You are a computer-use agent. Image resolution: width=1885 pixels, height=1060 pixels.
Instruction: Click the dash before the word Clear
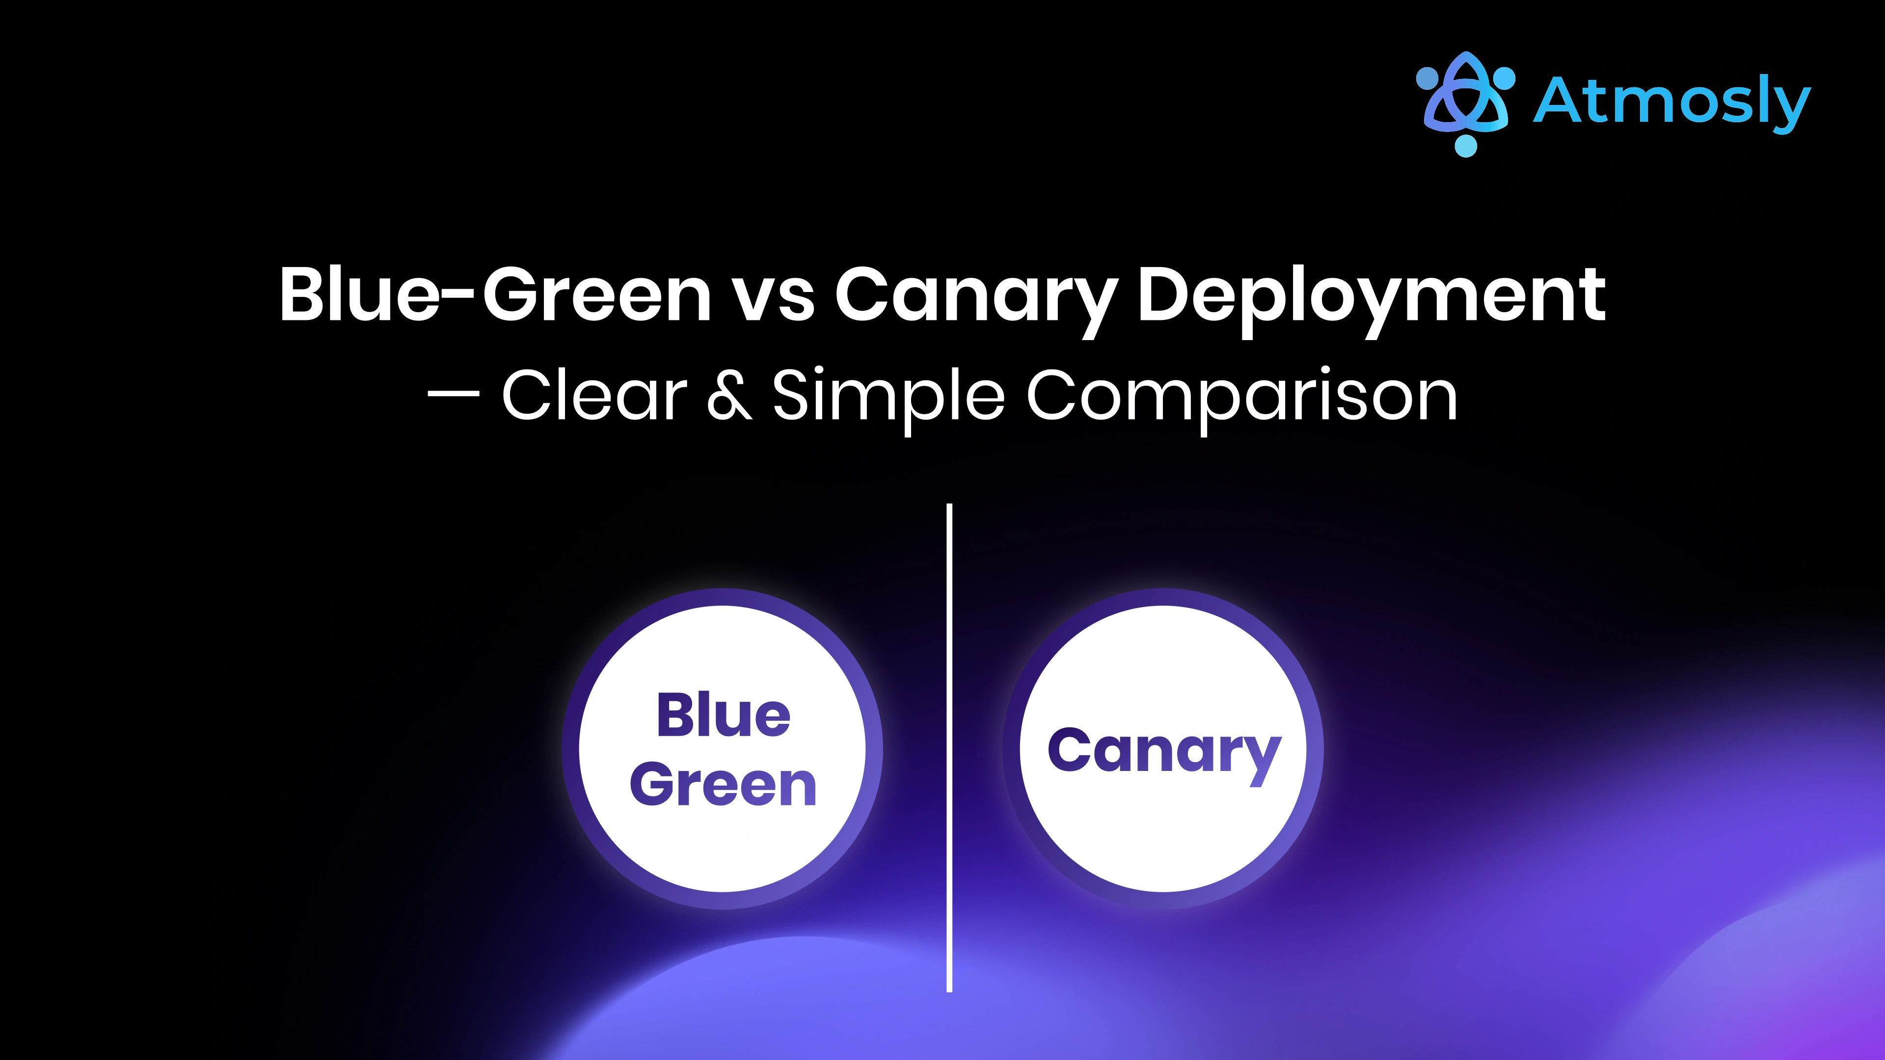[454, 396]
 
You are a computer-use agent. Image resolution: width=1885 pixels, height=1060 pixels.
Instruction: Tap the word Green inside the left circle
[723, 785]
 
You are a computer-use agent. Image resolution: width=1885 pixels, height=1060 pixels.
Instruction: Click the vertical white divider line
[949, 746]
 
